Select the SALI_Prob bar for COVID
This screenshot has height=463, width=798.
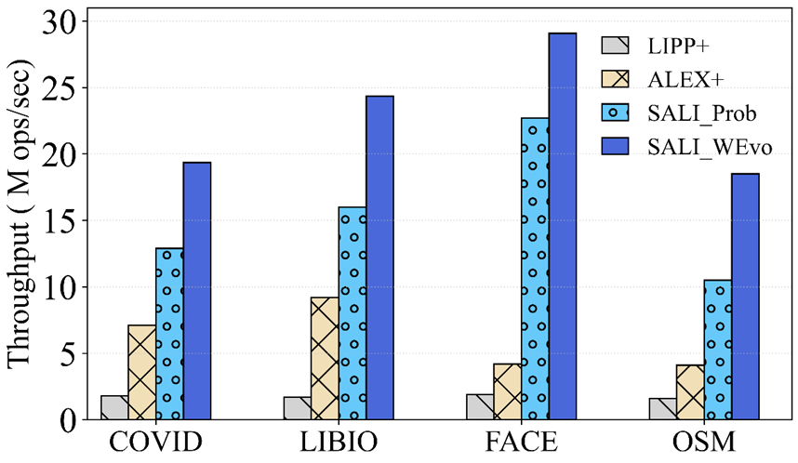(x=169, y=334)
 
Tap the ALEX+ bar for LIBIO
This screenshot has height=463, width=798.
(x=325, y=359)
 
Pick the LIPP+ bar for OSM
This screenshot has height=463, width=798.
(x=663, y=409)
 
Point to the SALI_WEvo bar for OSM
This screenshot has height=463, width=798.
(x=745, y=297)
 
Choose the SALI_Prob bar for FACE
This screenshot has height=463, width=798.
(x=535, y=269)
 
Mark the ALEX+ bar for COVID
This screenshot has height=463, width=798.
(x=141, y=372)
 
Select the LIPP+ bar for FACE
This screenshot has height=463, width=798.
(x=480, y=407)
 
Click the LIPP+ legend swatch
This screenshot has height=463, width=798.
(x=616, y=44)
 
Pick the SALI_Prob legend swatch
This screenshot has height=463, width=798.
(x=616, y=112)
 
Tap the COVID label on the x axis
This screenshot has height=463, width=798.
(x=155, y=443)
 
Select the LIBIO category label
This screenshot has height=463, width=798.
(x=339, y=443)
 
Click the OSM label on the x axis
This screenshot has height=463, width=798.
(x=704, y=443)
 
